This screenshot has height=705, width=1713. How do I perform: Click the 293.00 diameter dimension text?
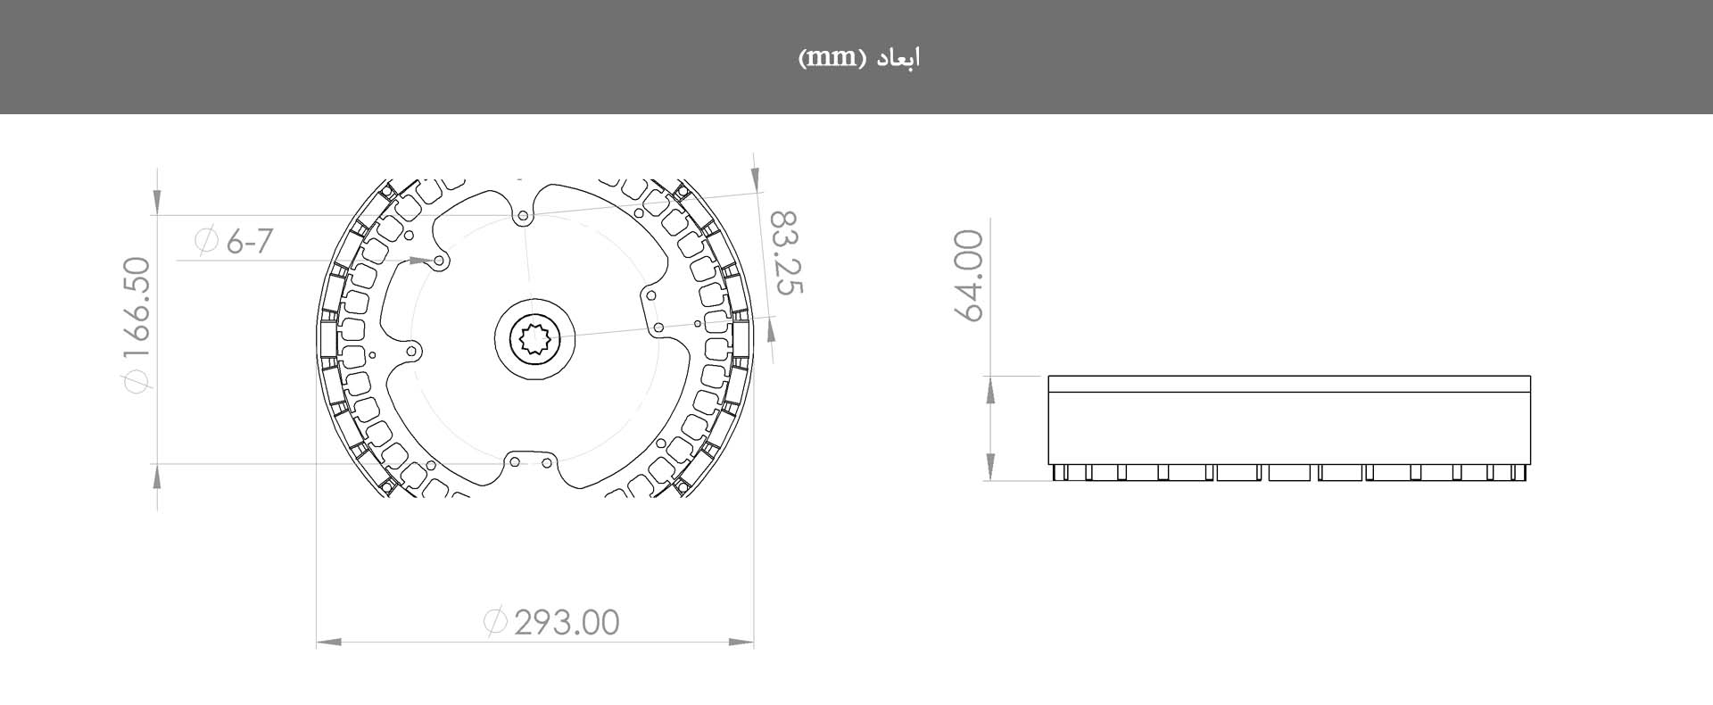[567, 622]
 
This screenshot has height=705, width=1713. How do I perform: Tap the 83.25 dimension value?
[786, 253]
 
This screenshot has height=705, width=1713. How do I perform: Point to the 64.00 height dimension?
[970, 275]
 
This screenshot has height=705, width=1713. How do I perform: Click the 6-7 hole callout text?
[249, 241]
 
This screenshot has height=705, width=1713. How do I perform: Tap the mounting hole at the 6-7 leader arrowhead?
[439, 261]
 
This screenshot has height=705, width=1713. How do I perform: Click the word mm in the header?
[827, 58]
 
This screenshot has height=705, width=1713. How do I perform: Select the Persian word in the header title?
[897, 58]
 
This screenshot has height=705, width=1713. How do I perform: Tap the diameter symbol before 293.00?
[495, 621]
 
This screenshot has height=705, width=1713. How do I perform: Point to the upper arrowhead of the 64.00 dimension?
[990, 386]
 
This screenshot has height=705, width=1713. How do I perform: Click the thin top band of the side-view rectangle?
[1289, 384]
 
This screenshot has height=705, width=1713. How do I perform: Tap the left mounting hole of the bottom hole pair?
[515, 462]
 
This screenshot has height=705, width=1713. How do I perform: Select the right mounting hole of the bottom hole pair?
[547, 462]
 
